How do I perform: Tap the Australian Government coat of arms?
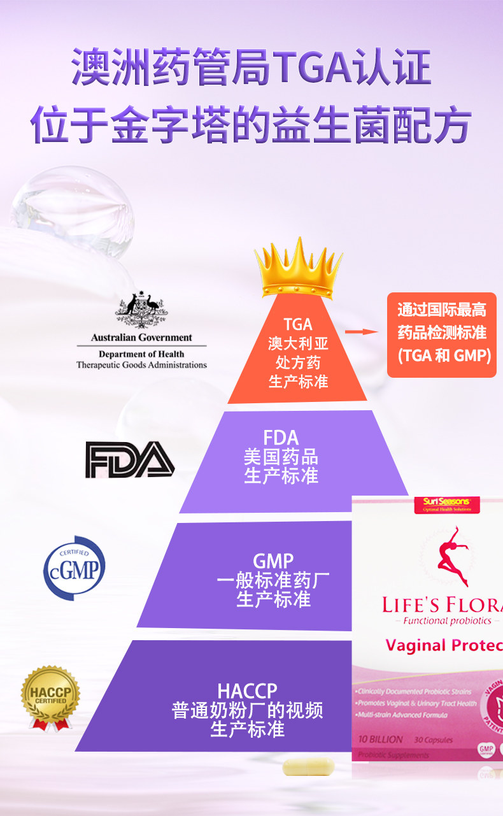(141, 310)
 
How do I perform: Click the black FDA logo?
(130, 459)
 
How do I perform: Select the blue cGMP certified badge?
(74, 568)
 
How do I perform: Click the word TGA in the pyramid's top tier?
(298, 325)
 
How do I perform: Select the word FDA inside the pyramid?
(281, 438)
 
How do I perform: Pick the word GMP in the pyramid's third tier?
(273, 561)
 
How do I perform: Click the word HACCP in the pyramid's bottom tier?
(247, 691)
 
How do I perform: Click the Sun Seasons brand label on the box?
(446, 503)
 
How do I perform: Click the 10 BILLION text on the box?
(380, 740)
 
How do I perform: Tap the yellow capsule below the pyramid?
(308, 766)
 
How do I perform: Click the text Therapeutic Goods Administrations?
(141, 365)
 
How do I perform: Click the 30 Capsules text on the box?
(433, 740)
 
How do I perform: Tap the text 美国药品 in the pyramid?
(281, 457)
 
